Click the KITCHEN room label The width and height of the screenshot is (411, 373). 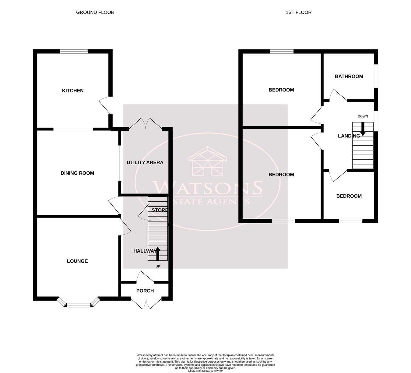pyautogui.click(x=72, y=91)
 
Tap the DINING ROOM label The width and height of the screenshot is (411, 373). pyautogui.click(x=77, y=173)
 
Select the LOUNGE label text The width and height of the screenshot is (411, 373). pyautogui.click(x=77, y=261)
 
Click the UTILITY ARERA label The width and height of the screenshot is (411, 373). pyautogui.click(x=145, y=162)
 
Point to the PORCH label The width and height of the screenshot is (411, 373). pyautogui.click(x=145, y=291)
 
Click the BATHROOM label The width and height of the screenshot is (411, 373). pyautogui.click(x=349, y=76)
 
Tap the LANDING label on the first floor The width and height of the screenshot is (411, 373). pyautogui.click(x=349, y=136)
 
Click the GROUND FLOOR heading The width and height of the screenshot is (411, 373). pyautogui.click(x=95, y=12)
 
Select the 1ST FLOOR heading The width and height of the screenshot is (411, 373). pyautogui.click(x=298, y=12)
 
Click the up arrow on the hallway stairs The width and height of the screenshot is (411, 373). pyautogui.click(x=157, y=253)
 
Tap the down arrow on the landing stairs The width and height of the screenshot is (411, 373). pyautogui.click(x=363, y=129)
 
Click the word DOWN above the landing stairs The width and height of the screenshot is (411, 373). pyautogui.click(x=363, y=116)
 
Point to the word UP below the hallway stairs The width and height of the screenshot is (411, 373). pyautogui.click(x=158, y=267)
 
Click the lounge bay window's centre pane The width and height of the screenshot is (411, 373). pyautogui.click(x=79, y=305)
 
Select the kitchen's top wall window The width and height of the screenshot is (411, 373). pyautogui.click(x=74, y=51)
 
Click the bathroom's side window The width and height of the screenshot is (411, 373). pyautogui.click(x=376, y=76)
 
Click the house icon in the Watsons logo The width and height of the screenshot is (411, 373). pyautogui.click(x=208, y=161)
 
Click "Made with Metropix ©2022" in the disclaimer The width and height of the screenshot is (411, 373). pyautogui.click(x=205, y=371)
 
